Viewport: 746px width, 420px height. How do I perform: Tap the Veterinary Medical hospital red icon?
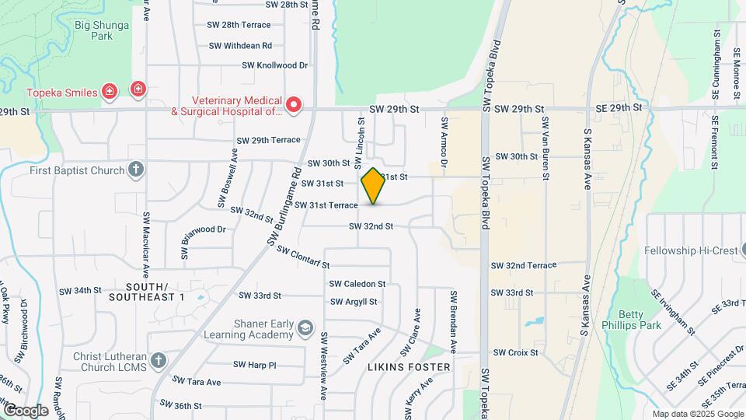(293, 105)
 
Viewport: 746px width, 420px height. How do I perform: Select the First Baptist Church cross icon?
(136, 169)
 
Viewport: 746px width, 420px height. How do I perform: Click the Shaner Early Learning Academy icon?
(305, 327)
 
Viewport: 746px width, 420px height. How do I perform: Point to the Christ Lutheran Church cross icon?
(159, 359)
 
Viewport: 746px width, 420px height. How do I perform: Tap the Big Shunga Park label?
(103, 30)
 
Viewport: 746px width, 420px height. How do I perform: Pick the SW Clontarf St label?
(303, 258)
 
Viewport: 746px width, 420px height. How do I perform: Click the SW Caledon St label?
(357, 285)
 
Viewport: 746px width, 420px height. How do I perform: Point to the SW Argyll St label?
(354, 302)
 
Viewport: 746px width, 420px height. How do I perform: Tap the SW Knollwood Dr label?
(275, 66)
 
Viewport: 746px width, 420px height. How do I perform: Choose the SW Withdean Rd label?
(240, 46)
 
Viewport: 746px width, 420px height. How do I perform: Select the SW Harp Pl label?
(255, 365)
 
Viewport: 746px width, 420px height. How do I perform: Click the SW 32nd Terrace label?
(524, 266)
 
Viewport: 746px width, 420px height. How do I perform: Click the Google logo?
(26, 410)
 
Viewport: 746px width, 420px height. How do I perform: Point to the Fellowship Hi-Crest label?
(689, 251)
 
